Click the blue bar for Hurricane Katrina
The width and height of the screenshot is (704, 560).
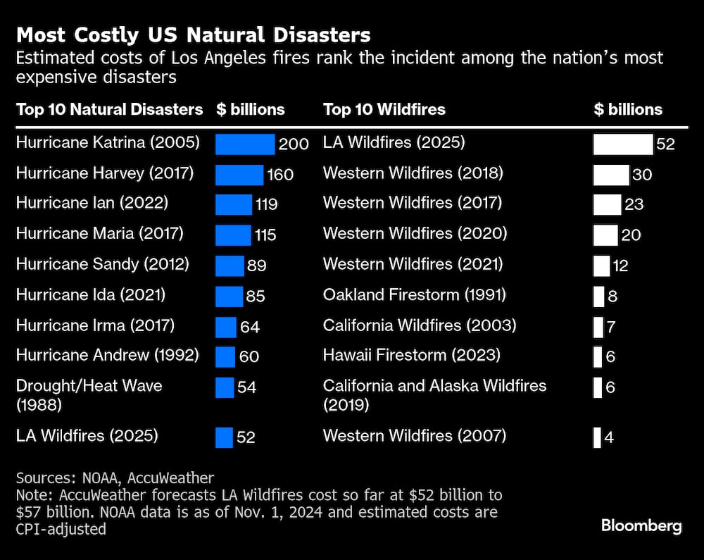point(244,144)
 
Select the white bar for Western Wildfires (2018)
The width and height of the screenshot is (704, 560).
point(610,174)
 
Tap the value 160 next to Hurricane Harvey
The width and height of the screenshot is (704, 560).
point(280,174)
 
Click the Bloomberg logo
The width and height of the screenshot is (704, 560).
point(641,525)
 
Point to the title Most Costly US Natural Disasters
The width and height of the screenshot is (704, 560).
point(193,35)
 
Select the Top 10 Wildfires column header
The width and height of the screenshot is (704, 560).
point(384,109)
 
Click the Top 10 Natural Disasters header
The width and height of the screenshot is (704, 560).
point(109,109)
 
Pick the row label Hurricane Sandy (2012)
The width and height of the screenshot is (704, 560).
point(103,264)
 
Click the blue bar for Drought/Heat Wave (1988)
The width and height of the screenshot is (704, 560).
point(224,387)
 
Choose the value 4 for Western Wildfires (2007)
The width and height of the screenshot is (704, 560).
point(609,437)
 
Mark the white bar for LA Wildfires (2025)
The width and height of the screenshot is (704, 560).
point(623,144)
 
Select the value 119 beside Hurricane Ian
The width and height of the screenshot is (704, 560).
point(267,204)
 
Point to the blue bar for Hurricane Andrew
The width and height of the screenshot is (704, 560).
point(225,356)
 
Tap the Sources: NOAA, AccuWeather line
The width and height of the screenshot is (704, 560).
point(115,478)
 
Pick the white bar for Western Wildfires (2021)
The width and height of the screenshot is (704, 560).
point(601,266)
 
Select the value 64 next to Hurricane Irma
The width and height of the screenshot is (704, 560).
point(250,327)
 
